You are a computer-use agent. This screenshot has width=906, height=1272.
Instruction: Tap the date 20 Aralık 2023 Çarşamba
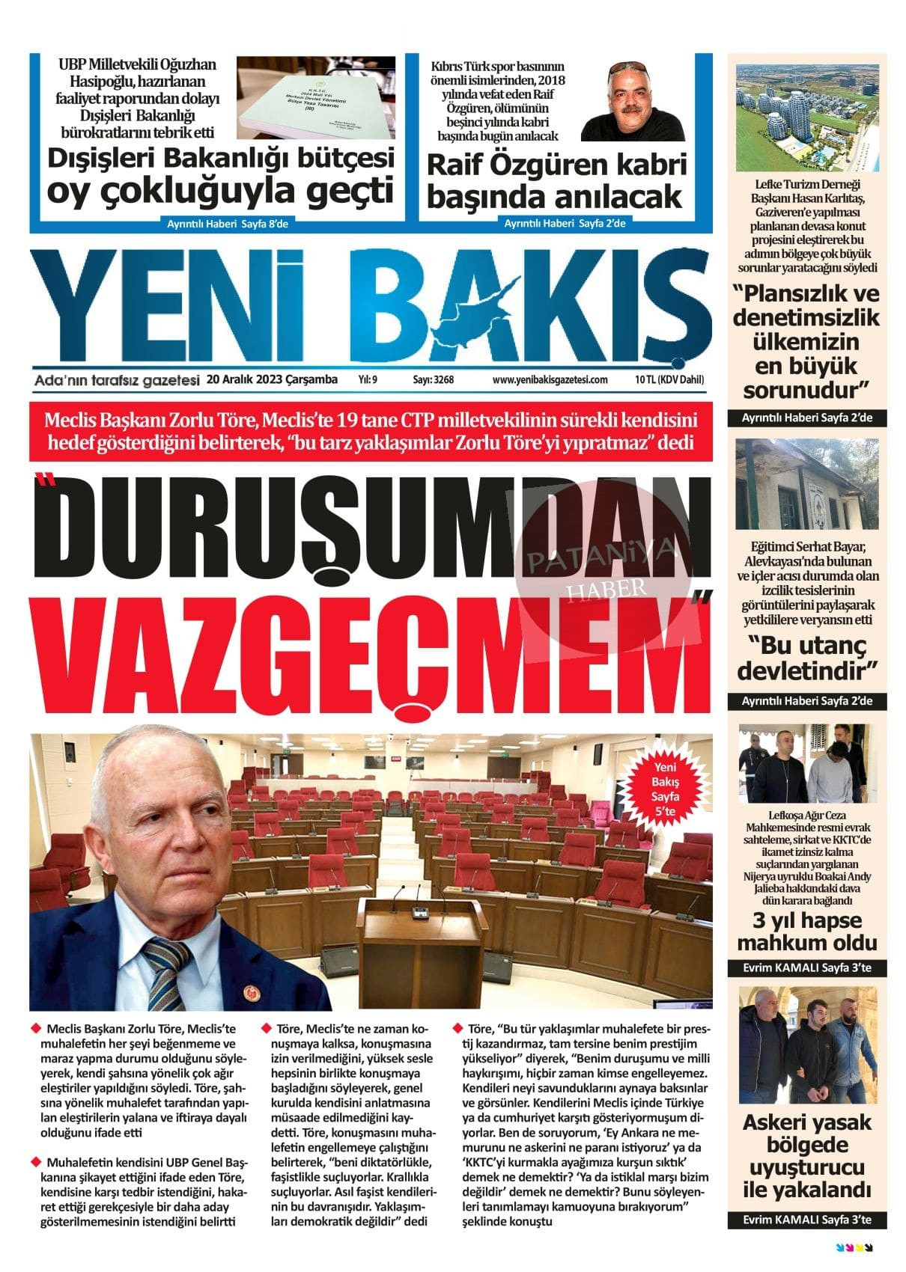pos(273,379)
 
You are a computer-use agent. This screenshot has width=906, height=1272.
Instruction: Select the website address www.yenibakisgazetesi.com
pos(550,380)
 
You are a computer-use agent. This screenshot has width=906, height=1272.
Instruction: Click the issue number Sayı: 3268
pos(433,380)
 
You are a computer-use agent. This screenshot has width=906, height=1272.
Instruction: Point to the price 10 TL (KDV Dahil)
pos(669,380)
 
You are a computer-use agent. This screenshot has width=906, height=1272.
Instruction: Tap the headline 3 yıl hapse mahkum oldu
pos(806,931)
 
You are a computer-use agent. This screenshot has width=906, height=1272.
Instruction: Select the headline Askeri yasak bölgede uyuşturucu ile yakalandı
pos(806,1155)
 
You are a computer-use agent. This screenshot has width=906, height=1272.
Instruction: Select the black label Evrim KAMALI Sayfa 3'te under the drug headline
pos(806,1220)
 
